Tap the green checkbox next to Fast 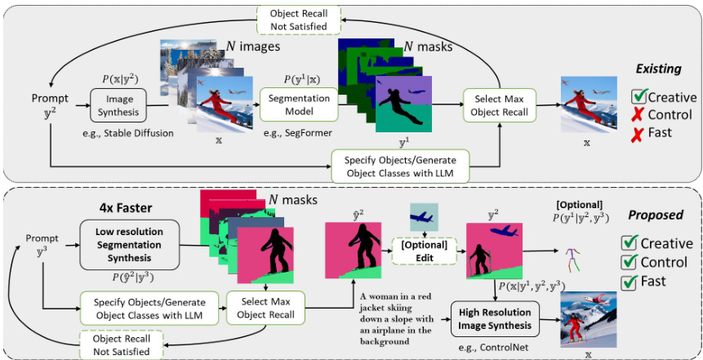click(629, 282)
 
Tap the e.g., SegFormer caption click(293, 133)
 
